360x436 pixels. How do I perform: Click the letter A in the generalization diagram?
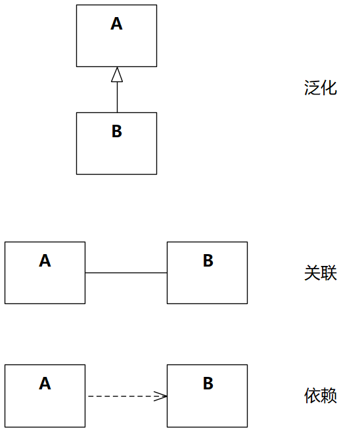tap(116, 24)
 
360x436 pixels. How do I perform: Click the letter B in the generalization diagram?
tap(116, 131)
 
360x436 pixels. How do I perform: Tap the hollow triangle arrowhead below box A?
tap(117, 74)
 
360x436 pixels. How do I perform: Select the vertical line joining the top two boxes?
tap(117, 97)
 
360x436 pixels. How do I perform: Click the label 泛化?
tap(321, 88)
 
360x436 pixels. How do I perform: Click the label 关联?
tap(321, 272)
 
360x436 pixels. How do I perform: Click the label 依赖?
tap(321, 395)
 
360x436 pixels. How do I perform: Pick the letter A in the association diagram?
tap(45, 261)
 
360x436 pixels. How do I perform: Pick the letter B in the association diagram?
tap(208, 261)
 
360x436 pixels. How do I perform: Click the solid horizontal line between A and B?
tap(126, 272)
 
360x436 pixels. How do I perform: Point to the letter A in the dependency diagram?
tap(45, 383)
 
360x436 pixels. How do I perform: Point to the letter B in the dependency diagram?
tap(208, 383)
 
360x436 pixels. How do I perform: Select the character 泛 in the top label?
tap(312, 88)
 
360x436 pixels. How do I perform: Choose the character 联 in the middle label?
tap(329, 272)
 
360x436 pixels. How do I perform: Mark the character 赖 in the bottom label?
tap(329, 395)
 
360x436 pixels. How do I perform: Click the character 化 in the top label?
tap(329, 88)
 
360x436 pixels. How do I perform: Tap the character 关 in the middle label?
tap(312, 272)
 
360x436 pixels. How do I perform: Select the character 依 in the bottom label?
tap(312, 395)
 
